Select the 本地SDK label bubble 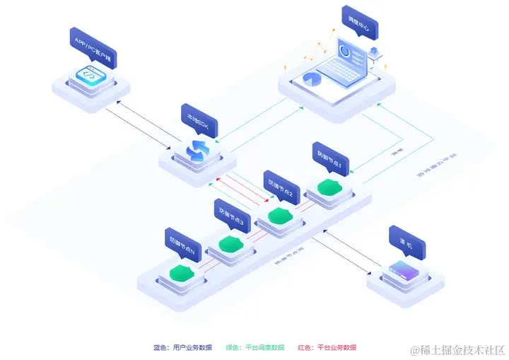coord(199,120)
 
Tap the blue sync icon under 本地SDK coord(196,150)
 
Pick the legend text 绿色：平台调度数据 coord(255,347)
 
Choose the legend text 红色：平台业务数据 coord(327,347)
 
